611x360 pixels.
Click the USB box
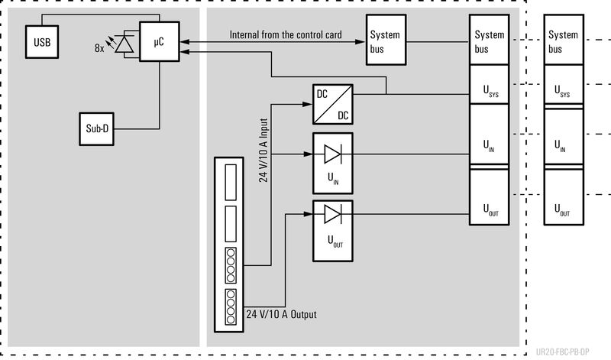42,41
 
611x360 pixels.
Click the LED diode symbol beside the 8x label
124,44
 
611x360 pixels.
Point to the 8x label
99,47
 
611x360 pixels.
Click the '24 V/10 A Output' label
281,314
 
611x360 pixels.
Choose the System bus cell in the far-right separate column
564,41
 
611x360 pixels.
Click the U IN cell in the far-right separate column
564,145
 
